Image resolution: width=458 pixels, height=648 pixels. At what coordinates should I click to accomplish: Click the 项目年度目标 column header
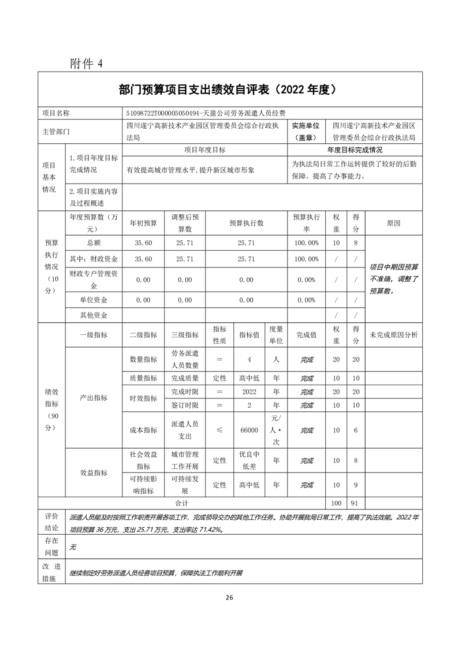tap(205, 150)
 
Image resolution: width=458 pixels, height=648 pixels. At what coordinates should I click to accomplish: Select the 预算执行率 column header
tap(306, 222)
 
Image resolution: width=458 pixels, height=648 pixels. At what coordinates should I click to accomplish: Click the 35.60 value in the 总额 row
tap(143, 243)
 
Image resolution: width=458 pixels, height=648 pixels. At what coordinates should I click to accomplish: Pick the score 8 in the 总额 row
tap(356, 243)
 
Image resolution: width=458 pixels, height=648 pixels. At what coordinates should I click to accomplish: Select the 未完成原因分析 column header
tap(393, 335)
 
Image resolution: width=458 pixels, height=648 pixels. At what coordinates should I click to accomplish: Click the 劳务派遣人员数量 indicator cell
tap(185, 359)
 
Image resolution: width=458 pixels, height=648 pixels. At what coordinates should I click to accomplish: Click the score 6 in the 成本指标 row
tap(356, 430)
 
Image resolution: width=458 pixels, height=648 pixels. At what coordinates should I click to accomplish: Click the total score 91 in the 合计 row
tap(356, 503)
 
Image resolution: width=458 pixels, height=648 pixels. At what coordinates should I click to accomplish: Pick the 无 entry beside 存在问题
tap(73, 546)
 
